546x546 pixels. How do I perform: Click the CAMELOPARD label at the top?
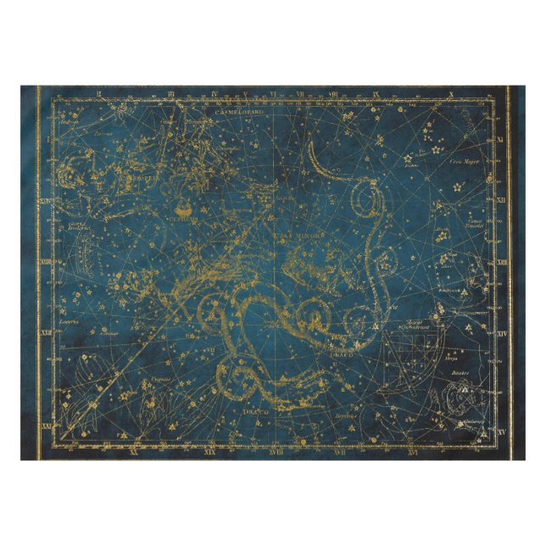coord(239,110)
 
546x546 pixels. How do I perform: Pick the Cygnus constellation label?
coord(161,378)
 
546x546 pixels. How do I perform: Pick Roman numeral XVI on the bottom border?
coord(412,451)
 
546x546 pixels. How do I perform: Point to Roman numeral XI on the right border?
coord(500,138)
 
